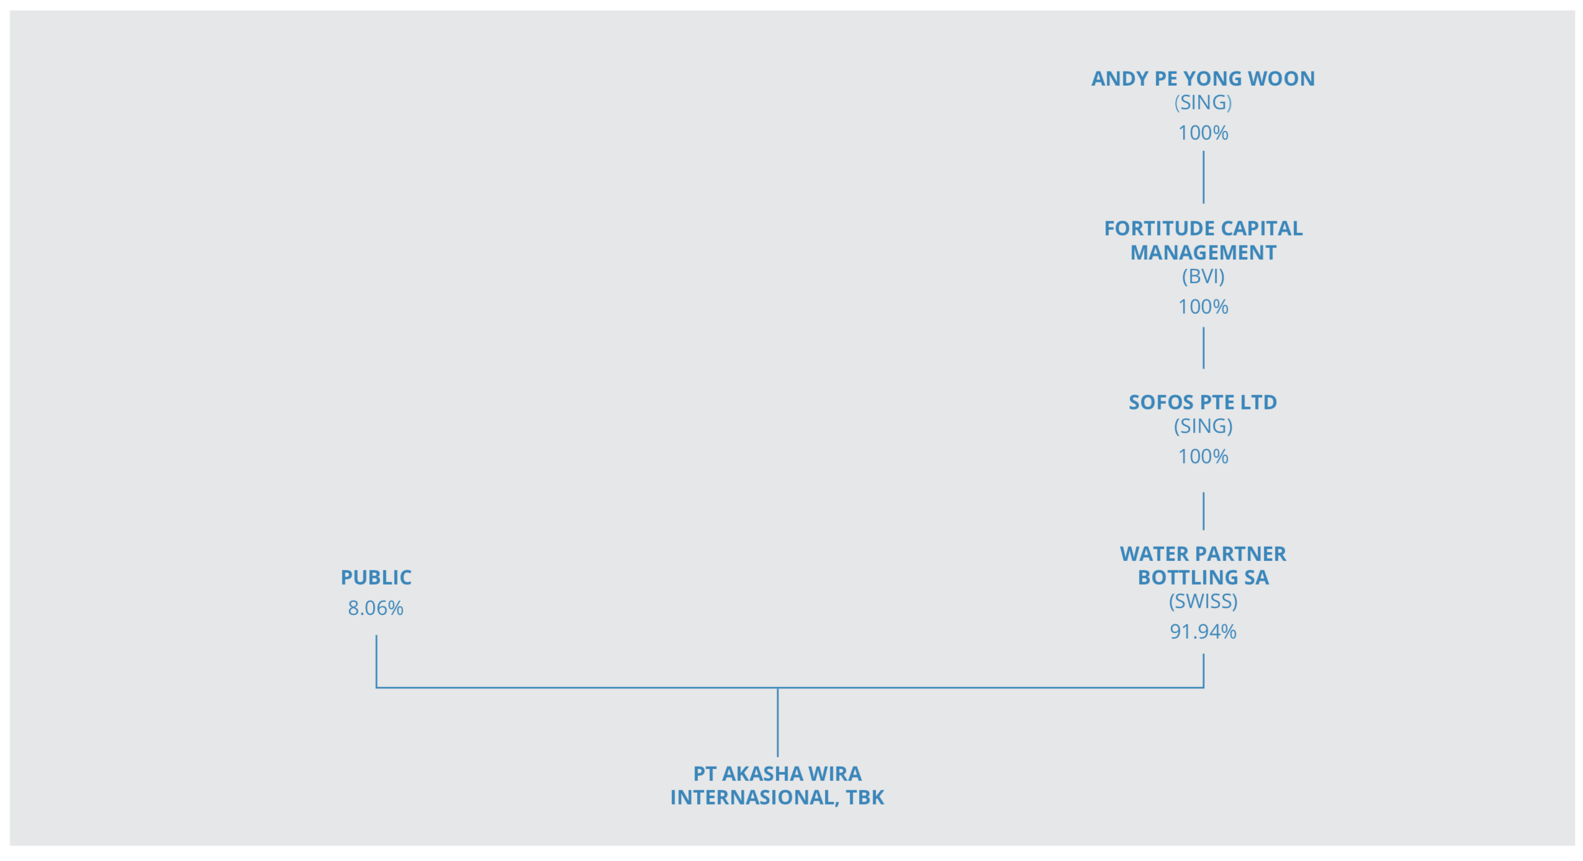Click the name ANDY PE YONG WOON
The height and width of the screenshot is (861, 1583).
click(1202, 79)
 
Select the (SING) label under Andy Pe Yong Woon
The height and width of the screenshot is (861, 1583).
click(1202, 102)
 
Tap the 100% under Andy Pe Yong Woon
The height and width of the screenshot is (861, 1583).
click(1202, 133)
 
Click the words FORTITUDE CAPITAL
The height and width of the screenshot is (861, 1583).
click(1202, 229)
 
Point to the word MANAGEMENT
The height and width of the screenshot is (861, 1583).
click(1202, 253)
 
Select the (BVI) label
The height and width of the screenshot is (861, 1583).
click(1202, 276)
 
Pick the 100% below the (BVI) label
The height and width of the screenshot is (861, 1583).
click(1202, 307)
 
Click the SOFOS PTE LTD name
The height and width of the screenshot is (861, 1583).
click(1202, 403)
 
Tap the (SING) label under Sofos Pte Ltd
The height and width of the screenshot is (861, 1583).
click(1202, 426)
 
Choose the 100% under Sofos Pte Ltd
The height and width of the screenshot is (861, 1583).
click(1202, 457)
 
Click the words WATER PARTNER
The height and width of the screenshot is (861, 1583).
click(1202, 554)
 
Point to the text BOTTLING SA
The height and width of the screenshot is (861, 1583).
click(1202, 578)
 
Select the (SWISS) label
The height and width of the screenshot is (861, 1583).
click(1202, 601)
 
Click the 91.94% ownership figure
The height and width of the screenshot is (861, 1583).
click(1202, 632)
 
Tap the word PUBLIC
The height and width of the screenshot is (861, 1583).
click(376, 578)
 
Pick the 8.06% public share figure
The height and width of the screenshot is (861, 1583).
click(376, 608)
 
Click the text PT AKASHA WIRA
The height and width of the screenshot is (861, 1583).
click(777, 774)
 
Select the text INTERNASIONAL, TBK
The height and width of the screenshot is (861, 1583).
click(777, 798)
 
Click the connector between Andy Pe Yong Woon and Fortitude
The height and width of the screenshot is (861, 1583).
click(1203, 177)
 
